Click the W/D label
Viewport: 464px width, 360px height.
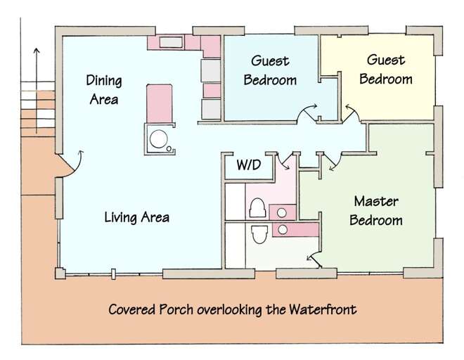[249, 165]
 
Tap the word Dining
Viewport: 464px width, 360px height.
[104, 81]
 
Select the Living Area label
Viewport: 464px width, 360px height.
[136, 217]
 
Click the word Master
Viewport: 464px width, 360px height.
[376, 201]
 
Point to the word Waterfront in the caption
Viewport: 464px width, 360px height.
[323, 309]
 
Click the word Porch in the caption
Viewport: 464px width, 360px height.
[176, 309]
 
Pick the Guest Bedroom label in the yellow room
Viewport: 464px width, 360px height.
[386, 70]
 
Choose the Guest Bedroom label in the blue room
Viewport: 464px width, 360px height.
[270, 70]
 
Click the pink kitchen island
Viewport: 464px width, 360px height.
[159, 103]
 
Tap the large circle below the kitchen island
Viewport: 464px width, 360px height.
[159, 139]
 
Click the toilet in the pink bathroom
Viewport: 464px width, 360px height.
[257, 208]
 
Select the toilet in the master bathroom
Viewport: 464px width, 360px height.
[259, 234]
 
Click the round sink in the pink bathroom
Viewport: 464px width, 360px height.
[282, 212]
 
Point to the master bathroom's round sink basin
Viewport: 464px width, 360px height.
[283, 229]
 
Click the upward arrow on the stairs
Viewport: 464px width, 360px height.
[37, 90]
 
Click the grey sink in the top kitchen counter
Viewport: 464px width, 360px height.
[171, 42]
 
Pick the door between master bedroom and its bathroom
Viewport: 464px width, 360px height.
[314, 259]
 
